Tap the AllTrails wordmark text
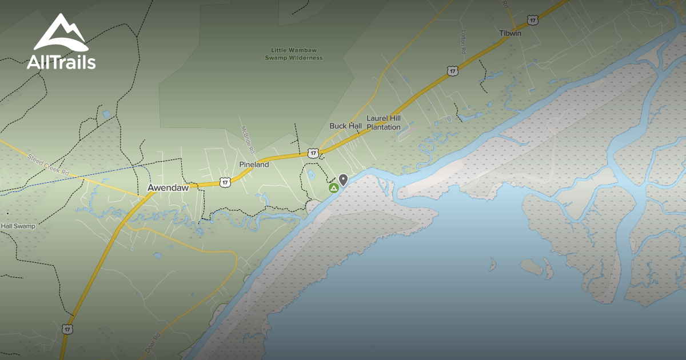(x=61, y=62)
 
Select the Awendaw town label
(x=168, y=187)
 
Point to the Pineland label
(x=254, y=165)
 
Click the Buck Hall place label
(x=346, y=126)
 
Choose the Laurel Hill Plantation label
(x=384, y=122)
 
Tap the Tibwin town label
(x=510, y=33)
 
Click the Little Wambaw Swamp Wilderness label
(x=294, y=54)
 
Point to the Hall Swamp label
(x=18, y=226)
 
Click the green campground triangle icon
(x=333, y=188)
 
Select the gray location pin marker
(x=343, y=180)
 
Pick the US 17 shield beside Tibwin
(x=533, y=21)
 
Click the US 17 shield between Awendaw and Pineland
(x=225, y=182)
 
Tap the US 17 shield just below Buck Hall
(x=312, y=153)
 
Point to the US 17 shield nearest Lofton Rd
(x=453, y=71)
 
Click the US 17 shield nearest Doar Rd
(x=68, y=330)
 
